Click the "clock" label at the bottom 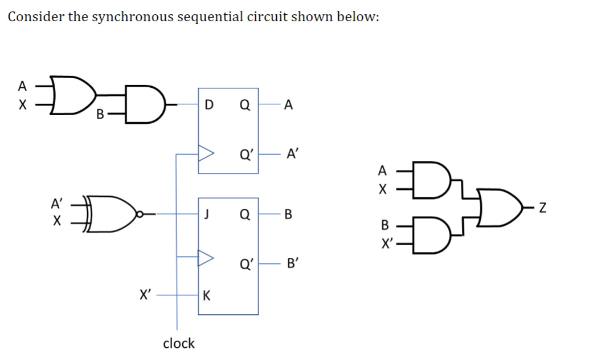[x=178, y=343]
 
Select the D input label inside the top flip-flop [x=208, y=104]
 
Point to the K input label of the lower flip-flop [x=206, y=295]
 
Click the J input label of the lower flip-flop [x=206, y=214]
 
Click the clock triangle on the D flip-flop [x=205, y=153]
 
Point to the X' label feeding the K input [x=146, y=295]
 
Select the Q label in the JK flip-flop [x=244, y=214]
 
